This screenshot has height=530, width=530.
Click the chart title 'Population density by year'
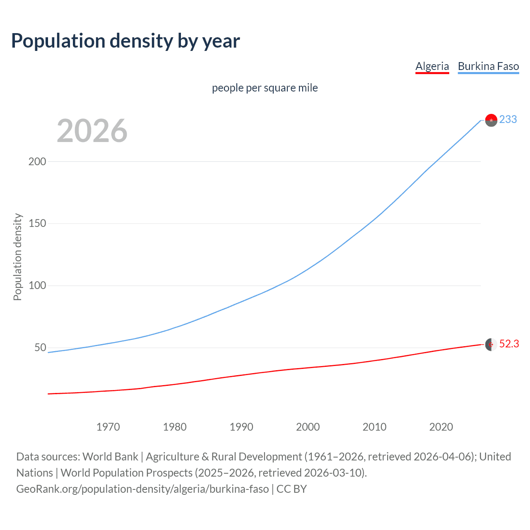point(125,41)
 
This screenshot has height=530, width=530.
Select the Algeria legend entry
point(432,66)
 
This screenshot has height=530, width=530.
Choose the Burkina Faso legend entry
point(488,66)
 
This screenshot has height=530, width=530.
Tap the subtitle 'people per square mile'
point(265,88)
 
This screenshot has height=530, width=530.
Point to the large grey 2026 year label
point(92,131)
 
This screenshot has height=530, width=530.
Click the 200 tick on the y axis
point(37,161)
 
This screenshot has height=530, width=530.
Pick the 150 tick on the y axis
point(37,224)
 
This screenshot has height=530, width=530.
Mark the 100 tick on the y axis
point(37,286)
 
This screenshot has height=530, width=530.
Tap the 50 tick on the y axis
point(40,348)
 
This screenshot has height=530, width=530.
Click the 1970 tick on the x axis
point(108,427)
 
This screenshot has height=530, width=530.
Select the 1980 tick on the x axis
point(175,427)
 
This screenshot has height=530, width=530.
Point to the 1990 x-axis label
point(241,427)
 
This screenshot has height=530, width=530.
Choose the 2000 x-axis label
point(308,427)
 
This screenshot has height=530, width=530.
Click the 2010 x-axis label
point(374,427)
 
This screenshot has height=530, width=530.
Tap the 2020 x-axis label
point(441,427)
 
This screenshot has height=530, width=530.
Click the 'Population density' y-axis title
point(17,257)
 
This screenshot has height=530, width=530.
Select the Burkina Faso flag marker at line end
point(491,120)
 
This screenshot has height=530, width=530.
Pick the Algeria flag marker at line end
point(491,344)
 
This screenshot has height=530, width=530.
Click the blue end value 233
point(508,119)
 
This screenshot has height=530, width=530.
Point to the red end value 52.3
point(509,344)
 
